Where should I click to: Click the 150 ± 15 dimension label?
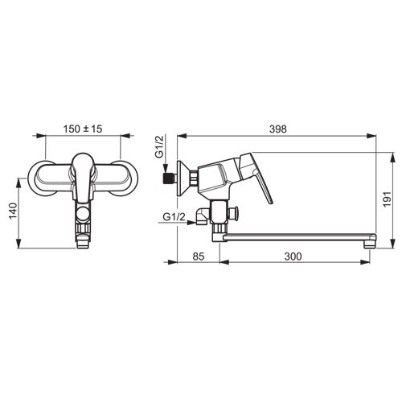click(x=83, y=129)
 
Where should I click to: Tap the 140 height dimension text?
click(x=13, y=211)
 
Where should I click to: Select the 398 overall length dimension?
click(x=278, y=129)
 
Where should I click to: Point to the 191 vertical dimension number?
click(x=387, y=199)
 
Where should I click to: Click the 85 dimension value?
click(x=199, y=256)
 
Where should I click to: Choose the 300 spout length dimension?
click(x=293, y=256)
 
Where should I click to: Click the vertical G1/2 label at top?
click(x=160, y=148)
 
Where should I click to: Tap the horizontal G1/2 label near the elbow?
click(x=174, y=217)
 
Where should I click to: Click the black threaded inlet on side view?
click(x=169, y=178)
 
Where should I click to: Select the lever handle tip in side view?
click(x=271, y=203)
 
